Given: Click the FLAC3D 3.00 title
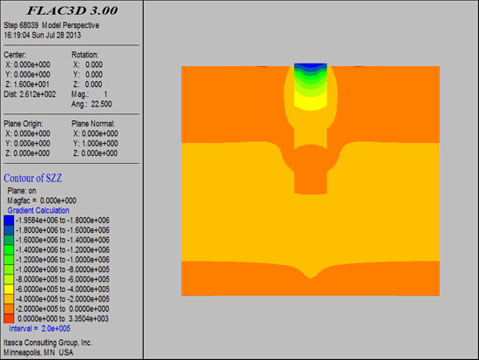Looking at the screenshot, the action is click(x=72, y=10).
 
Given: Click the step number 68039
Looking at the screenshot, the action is click(x=29, y=25).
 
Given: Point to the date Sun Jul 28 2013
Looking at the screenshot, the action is click(x=57, y=35).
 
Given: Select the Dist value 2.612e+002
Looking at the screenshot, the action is click(x=37, y=94).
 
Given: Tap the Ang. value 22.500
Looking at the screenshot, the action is click(x=101, y=104).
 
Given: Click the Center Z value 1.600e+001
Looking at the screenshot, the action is click(x=31, y=85).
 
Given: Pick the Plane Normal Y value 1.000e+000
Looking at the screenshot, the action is click(x=99, y=144).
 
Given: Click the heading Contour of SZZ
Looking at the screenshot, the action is click(x=33, y=178).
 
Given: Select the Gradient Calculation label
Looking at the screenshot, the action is click(x=38, y=210).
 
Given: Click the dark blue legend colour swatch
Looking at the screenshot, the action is click(x=9, y=221).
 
